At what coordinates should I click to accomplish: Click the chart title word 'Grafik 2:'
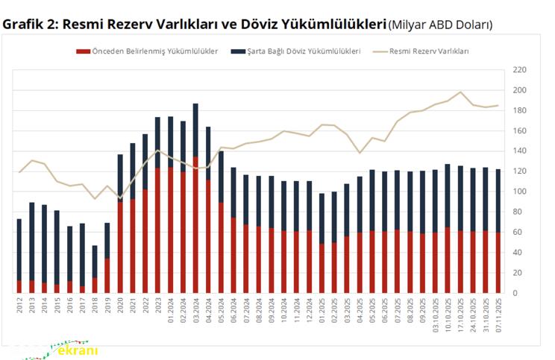[x=30, y=24]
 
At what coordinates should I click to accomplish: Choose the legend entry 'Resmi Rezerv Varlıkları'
[x=429, y=51]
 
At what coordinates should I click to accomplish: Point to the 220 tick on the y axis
[x=520, y=70]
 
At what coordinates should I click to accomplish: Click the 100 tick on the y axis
[x=520, y=192]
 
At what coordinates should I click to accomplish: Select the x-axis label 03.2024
[x=195, y=309]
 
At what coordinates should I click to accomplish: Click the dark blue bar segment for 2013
[x=31, y=241]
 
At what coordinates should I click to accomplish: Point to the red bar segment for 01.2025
[x=322, y=268]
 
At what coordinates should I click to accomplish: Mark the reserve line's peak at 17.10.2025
[x=460, y=92]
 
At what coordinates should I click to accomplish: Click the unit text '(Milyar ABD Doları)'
[x=440, y=25]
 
